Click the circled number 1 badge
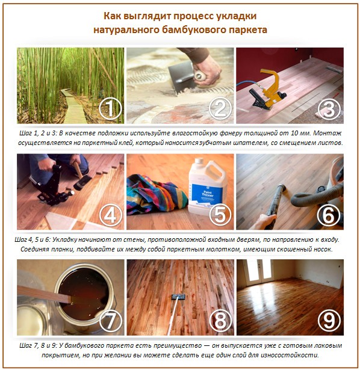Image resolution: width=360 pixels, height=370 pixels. click(111, 109)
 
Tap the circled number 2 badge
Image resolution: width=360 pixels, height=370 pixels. click(220, 109)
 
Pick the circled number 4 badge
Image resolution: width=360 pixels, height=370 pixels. click(111, 215)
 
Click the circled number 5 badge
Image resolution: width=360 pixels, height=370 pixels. click(220, 215)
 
